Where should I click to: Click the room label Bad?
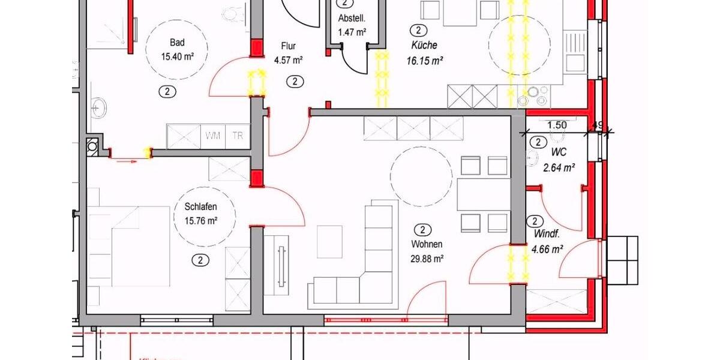(x=177, y=43)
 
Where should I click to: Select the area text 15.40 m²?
(x=177, y=56)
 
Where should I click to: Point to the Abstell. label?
(x=352, y=18)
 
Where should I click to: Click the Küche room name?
(x=424, y=45)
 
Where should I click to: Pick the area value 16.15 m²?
(x=424, y=60)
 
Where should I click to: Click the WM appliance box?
(x=212, y=136)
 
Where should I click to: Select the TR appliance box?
(x=238, y=136)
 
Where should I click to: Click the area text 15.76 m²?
(x=193, y=220)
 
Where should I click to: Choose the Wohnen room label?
(x=427, y=244)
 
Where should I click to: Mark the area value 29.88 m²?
(x=427, y=259)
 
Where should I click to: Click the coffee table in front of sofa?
(x=329, y=241)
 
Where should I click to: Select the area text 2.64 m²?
(x=559, y=168)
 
